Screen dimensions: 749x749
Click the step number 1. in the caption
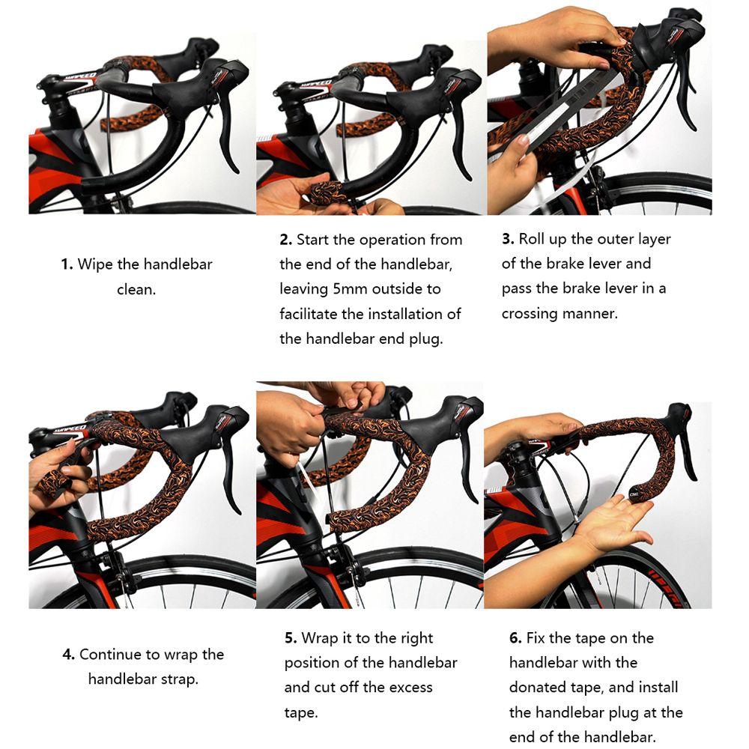click(x=67, y=264)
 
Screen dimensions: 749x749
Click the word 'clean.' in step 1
click(x=136, y=289)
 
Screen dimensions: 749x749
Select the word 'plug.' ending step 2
click(x=425, y=339)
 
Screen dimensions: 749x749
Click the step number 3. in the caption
click(x=508, y=240)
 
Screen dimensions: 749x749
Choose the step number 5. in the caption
click(x=291, y=638)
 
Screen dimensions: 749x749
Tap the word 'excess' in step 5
click(x=407, y=688)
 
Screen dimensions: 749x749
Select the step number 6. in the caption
click(x=515, y=638)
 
